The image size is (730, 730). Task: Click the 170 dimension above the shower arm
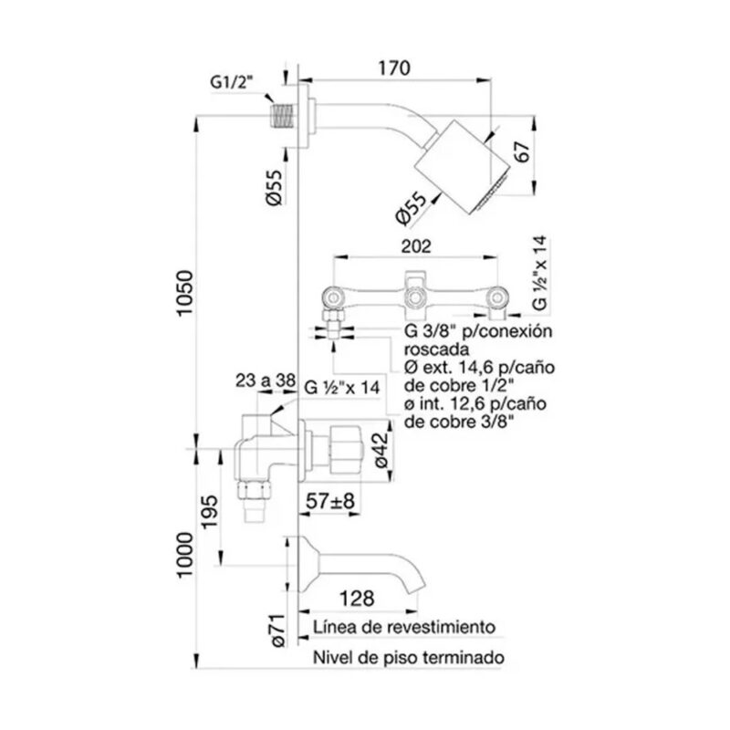click(x=393, y=68)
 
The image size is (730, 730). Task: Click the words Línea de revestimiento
click(x=403, y=628)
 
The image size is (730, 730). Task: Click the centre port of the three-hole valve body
click(x=414, y=295)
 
